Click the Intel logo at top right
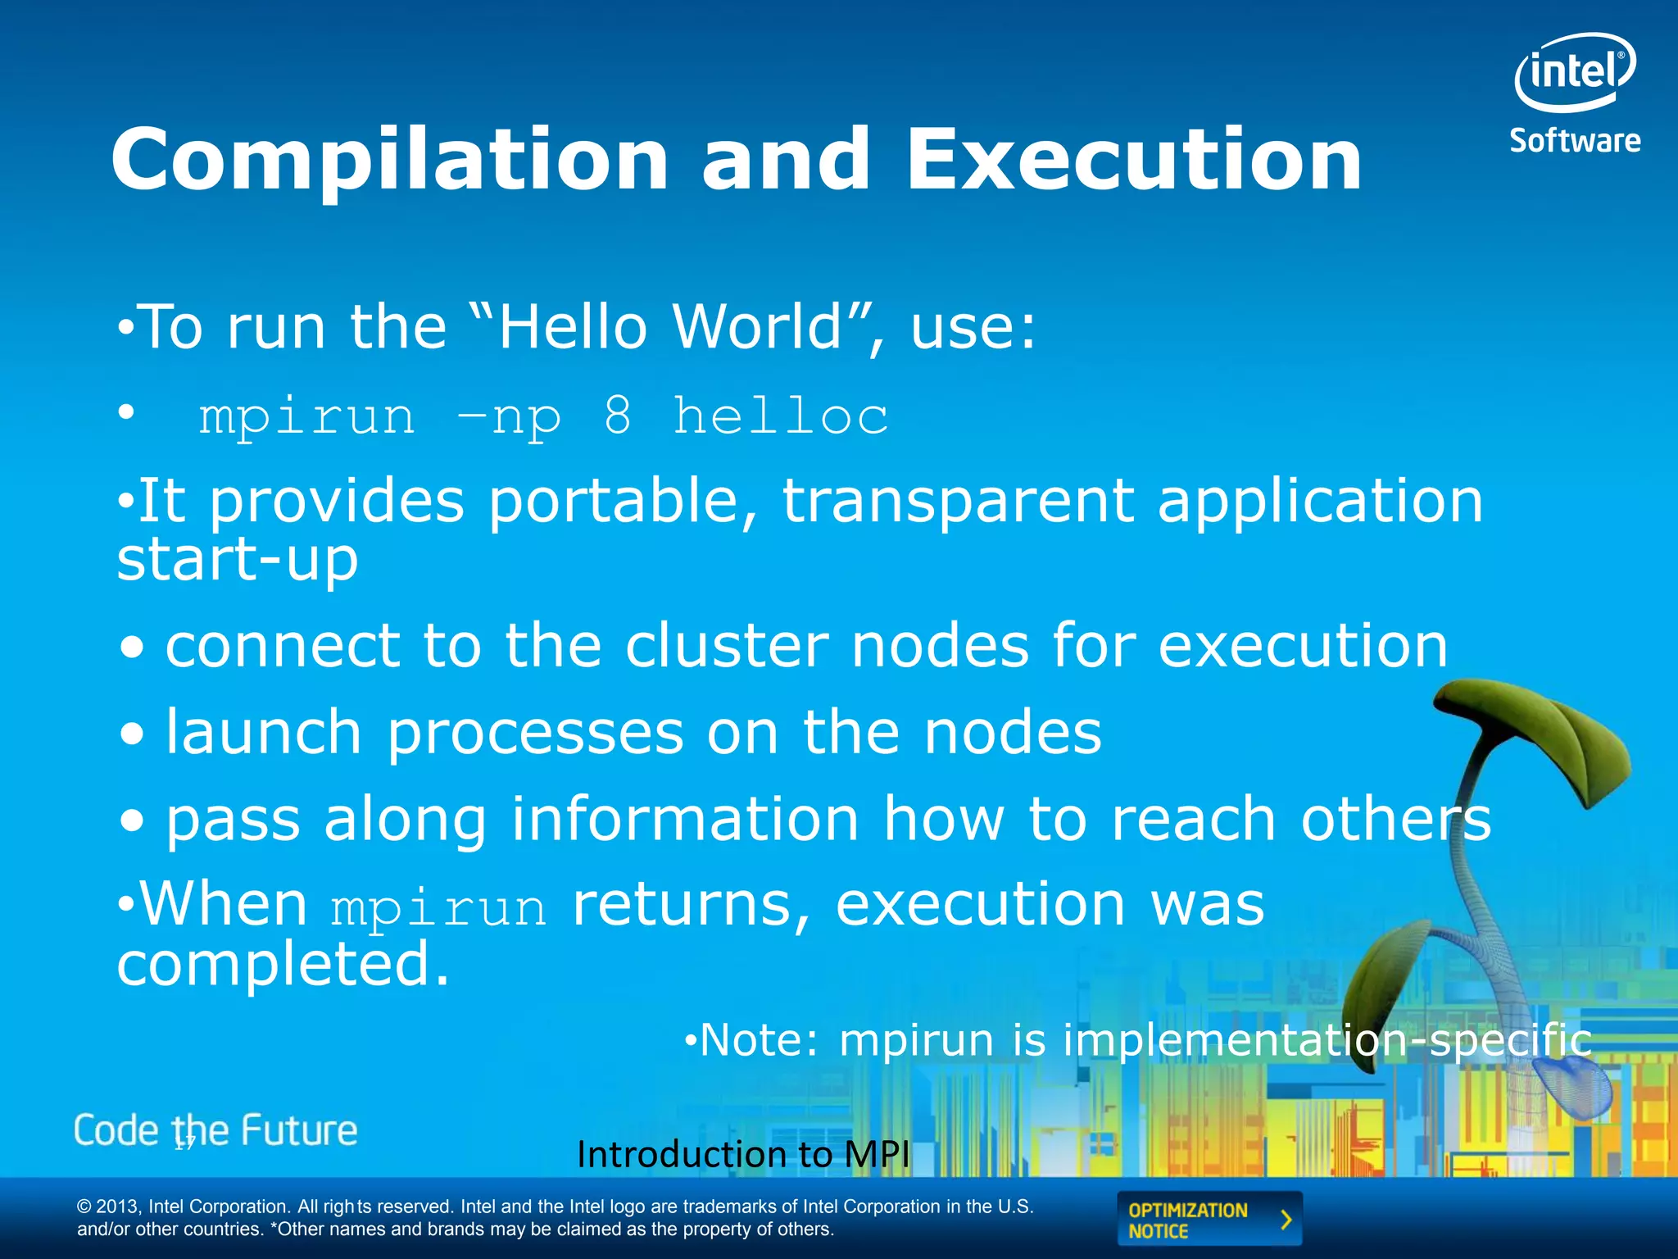pyautogui.click(x=1575, y=72)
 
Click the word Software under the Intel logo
pyautogui.click(x=1575, y=141)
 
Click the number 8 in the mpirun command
pyautogui.click(x=619, y=416)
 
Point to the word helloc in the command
pyautogui.click(x=780, y=416)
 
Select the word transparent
pyautogui.click(x=958, y=502)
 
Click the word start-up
pyautogui.click(x=238, y=561)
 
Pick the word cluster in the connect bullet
pyautogui.click(x=727, y=646)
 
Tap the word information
pyautogui.click(x=685, y=819)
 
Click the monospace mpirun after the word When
pyautogui.click(x=439, y=908)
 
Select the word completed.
pyautogui.click(x=283, y=964)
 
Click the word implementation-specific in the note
pyautogui.click(x=1327, y=1040)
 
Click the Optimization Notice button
pyautogui.click(x=1209, y=1220)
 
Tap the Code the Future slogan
pyautogui.click(x=215, y=1130)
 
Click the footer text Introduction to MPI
pyautogui.click(x=743, y=1154)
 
